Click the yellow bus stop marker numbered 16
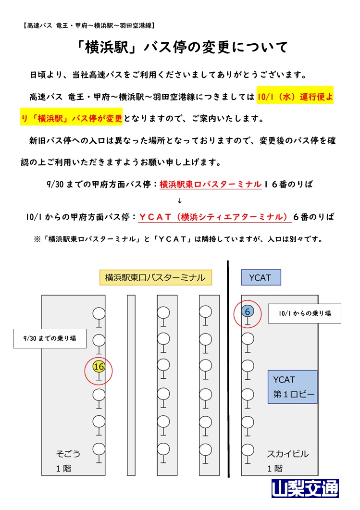[x=99, y=367]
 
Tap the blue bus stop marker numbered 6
[x=248, y=311]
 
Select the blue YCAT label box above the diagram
[x=261, y=277]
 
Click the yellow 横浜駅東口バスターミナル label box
[x=155, y=277]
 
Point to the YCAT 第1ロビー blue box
[x=292, y=387]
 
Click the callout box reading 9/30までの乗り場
[x=50, y=338]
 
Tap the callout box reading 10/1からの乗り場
[x=305, y=313]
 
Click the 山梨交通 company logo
[x=305, y=488]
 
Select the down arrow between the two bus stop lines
[x=180, y=201]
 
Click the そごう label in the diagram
[x=68, y=454]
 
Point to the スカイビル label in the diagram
[x=287, y=454]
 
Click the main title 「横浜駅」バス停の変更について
[x=182, y=48]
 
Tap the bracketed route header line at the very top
[x=89, y=25]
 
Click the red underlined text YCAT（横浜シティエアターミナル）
[x=215, y=217]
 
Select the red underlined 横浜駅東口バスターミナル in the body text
[x=211, y=185]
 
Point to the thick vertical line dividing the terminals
[x=228, y=369]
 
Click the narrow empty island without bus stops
[x=131, y=386]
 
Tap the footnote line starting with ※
[x=178, y=239]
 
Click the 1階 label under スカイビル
[x=275, y=468]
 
